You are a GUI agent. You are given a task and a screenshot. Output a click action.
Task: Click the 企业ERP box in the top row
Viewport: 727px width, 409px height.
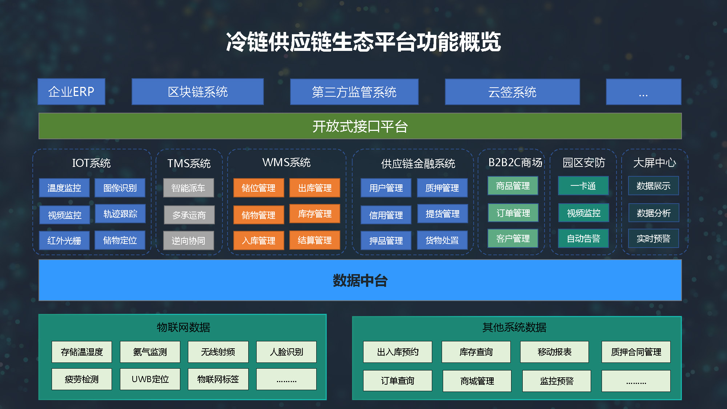[71, 92]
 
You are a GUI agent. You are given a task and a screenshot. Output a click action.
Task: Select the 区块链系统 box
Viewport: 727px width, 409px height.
[198, 92]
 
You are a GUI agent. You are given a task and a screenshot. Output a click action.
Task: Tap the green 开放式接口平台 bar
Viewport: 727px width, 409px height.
[360, 126]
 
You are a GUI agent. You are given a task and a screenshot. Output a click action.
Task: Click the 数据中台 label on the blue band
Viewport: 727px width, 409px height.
[360, 280]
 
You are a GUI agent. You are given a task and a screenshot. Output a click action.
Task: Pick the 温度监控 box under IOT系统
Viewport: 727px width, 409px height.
[64, 188]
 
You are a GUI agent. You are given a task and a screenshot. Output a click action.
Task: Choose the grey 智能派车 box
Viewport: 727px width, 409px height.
[188, 188]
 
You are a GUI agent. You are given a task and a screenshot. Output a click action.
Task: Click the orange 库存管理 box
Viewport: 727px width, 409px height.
[315, 213]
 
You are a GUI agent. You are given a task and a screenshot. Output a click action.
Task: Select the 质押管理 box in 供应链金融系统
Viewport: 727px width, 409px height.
[442, 188]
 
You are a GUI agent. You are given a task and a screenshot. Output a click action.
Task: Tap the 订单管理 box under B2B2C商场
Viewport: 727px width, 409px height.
[513, 213]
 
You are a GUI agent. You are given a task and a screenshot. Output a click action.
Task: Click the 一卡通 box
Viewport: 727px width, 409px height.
[583, 186]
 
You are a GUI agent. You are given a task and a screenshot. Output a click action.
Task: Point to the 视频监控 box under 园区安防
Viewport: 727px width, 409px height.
[583, 213]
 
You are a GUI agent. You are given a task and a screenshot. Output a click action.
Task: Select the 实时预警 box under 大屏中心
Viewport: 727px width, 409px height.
[654, 238]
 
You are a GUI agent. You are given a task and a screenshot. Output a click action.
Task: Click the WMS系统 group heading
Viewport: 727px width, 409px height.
[286, 162]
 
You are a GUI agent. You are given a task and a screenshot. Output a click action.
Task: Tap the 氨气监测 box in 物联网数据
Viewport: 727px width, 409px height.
[150, 352]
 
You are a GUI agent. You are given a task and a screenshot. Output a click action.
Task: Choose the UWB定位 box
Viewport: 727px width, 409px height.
[150, 379]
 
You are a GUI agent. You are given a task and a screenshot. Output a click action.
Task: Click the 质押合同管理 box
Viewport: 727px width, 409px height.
[636, 352]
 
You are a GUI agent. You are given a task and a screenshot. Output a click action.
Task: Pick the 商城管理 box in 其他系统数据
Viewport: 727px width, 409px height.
[477, 381]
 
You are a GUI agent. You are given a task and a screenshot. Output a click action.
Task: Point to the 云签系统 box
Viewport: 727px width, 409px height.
[512, 92]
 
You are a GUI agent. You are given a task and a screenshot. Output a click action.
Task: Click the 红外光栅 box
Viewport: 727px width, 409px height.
[64, 240]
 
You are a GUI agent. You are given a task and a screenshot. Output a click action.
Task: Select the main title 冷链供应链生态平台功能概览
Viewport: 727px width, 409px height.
[363, 42]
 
